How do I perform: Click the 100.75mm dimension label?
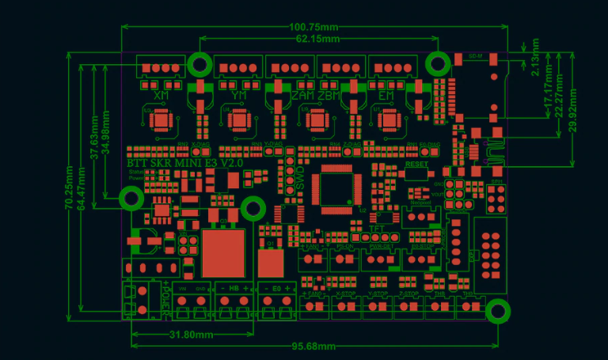tap(315, 26)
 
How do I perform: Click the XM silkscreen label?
tap(161, 96)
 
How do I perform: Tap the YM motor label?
tap(239, 96)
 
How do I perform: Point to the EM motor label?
tap(386, 96)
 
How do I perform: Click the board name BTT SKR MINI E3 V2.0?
tap(185, 162)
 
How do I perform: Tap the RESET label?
tap(416, 165)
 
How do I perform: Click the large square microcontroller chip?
tap(336, 189)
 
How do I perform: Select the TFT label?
tap(377, 229)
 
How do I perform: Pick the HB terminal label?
tap(234, 288)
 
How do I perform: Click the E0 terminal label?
tap(275, 288)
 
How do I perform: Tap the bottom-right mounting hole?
tap(497, 311)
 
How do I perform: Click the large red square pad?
tap(224, 252)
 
